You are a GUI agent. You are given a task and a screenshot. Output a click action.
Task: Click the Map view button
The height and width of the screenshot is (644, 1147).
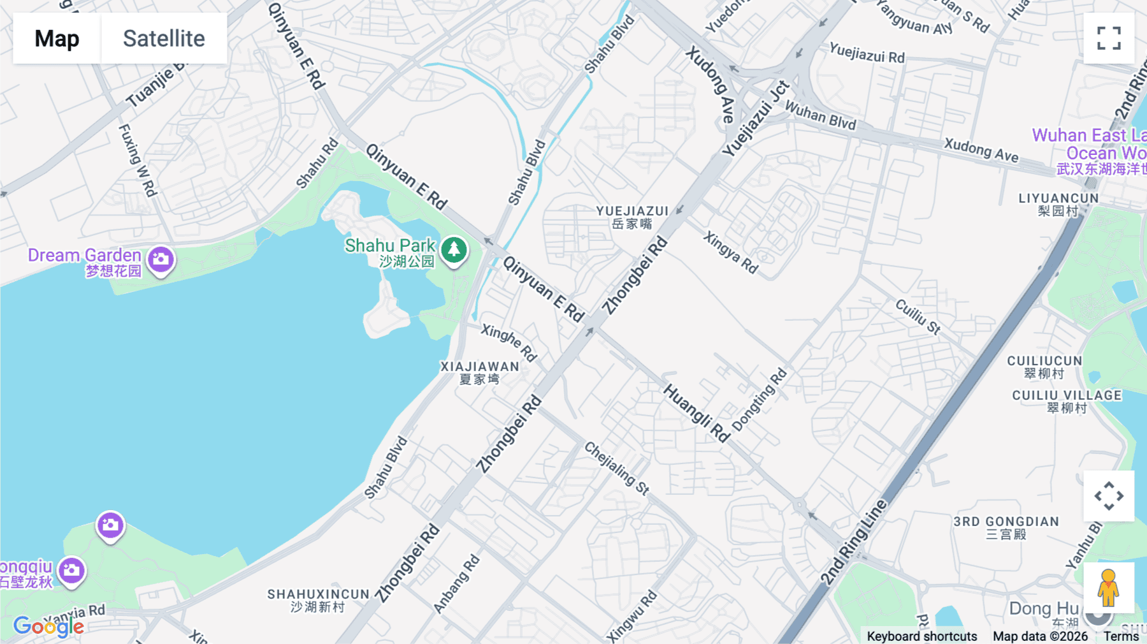click(x=57, y=38)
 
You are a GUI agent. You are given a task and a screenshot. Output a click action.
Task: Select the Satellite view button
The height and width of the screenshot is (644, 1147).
click(x=164, y=38)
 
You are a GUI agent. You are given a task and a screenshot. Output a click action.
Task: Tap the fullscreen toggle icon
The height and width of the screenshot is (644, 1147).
click(x=1109, y=38)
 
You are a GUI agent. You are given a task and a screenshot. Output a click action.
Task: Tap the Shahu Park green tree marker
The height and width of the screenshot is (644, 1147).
click(x=454, y=250)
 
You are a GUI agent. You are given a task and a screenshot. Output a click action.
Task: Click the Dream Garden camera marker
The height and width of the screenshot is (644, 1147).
click(x=161, y=260)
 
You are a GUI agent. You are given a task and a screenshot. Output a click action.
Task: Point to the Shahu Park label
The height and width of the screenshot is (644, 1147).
click(x=390, y=246)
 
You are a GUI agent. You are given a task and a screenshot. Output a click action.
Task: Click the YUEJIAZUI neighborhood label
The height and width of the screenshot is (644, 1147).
click(x=632, y=211)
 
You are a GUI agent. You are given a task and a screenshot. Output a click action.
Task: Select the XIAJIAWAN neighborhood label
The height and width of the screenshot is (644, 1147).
click(x=480, y=367)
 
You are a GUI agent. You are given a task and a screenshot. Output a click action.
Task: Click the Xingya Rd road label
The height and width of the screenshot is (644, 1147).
click(x=731, y=252)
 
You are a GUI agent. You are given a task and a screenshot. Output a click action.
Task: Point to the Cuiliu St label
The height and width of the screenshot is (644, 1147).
click(x=918, y=316)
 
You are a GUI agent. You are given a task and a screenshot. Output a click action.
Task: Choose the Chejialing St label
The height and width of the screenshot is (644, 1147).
click(x=616, y=468)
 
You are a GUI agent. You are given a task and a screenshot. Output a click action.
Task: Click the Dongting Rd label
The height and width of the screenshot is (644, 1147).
click(x=760, y=400)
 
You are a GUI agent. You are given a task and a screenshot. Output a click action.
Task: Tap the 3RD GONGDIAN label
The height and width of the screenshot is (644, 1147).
click(x=1006, y=522)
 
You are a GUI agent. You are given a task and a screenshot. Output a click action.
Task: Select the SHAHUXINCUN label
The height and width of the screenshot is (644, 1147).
click(x=318, y=594)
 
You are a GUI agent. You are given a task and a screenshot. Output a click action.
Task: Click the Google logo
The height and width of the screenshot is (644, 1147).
click(x=48, y=626)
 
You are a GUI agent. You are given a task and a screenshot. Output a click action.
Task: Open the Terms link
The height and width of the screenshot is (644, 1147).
click(x=1121, y=636)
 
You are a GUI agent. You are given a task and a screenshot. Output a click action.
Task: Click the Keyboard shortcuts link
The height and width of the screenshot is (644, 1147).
click(x=921, y=636)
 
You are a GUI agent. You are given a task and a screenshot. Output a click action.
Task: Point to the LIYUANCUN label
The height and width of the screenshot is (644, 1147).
click(x=1058, y=198)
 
